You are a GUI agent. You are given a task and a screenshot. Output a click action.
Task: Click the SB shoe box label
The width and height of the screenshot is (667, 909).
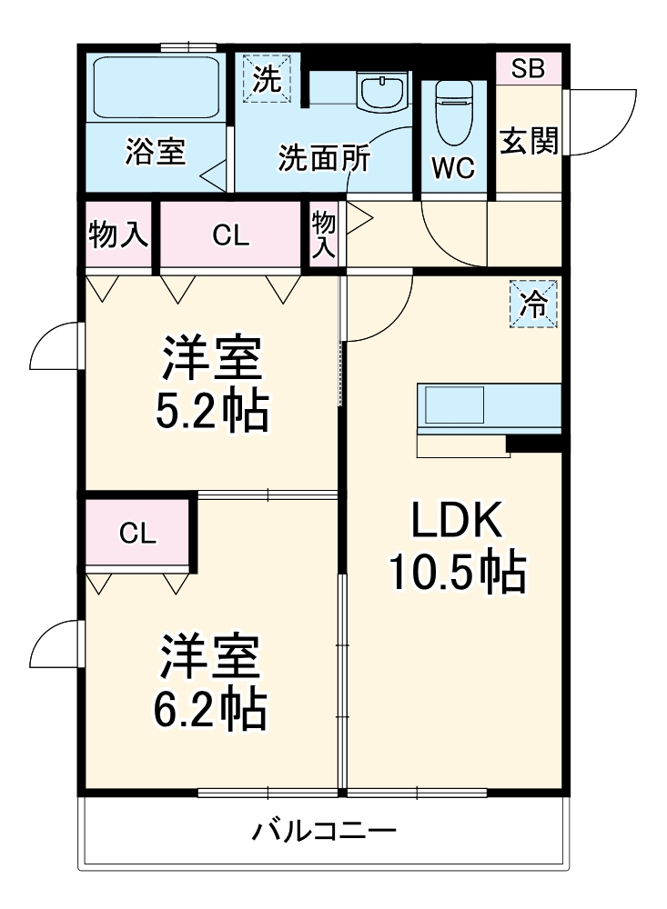point(528,69)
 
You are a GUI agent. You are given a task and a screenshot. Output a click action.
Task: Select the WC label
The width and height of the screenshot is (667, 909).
point(452,169)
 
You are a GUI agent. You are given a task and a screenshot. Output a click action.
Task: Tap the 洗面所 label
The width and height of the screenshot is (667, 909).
point(324,159)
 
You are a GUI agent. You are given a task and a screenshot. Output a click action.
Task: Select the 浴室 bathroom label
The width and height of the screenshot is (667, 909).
point(156,152)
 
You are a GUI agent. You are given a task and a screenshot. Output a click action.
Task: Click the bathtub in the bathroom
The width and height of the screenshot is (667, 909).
point(157,86)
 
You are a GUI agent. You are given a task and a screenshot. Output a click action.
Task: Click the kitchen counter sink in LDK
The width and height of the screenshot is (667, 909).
point(455,405)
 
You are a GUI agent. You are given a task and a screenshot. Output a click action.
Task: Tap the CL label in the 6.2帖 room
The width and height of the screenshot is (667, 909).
point(138,534)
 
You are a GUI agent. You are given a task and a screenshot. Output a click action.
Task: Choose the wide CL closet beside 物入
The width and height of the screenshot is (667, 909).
point(230,235)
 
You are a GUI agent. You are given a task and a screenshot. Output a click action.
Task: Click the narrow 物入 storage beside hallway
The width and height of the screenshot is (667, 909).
point(323,235)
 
